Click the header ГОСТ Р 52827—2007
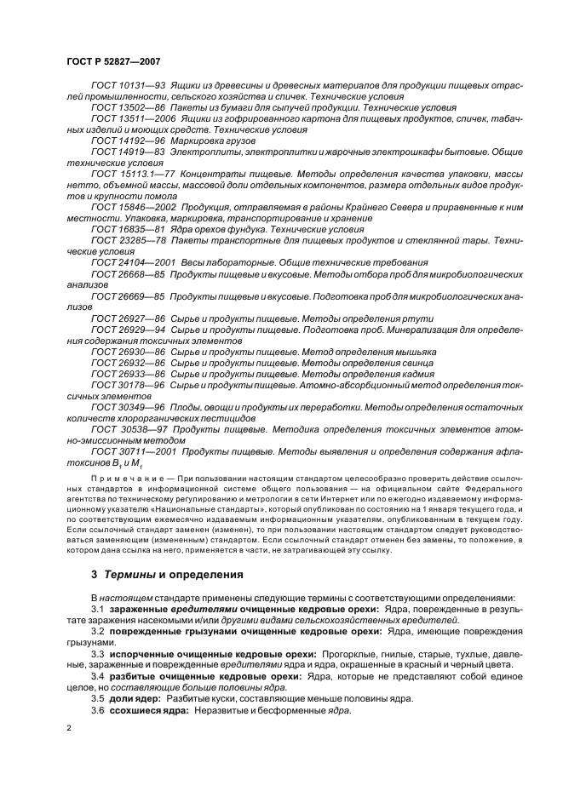coord(113,61)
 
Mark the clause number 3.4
coord(97,676)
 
